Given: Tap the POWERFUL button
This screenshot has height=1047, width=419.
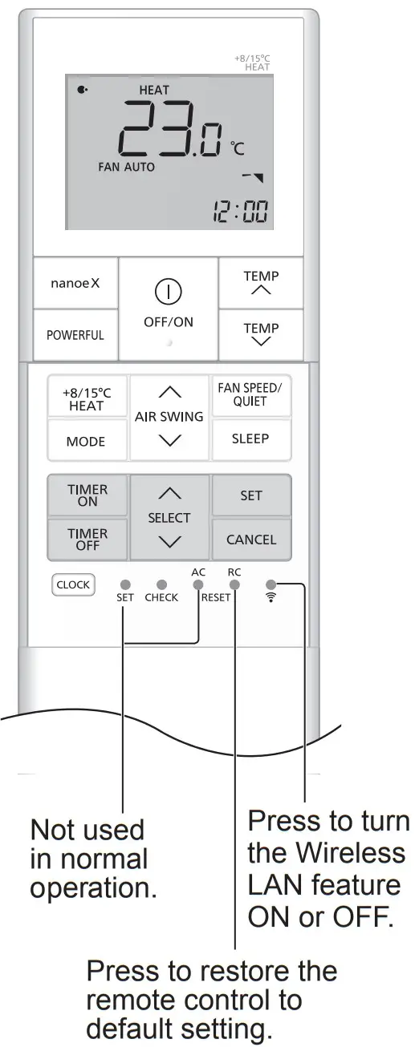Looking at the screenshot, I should [x=75, y=335].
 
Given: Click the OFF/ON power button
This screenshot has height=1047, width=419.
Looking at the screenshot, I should [x=169, y=308].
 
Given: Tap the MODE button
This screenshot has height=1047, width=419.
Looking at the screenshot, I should [x=86, y=442].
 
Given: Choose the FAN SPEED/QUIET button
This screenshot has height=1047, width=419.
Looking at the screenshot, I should [x=250, y=394].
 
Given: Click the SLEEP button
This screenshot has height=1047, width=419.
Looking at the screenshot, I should [x=250, y=439].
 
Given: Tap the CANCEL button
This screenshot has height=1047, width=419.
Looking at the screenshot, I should [x=250, y=540].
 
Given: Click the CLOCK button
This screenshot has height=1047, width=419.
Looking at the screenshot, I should [x=73, y=584].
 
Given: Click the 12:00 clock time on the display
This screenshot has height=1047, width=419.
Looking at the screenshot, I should [x=240, y=210].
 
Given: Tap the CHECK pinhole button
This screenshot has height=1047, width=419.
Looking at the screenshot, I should [x=161, y=584].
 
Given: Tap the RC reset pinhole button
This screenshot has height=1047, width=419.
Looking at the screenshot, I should [x=234, y=585].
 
